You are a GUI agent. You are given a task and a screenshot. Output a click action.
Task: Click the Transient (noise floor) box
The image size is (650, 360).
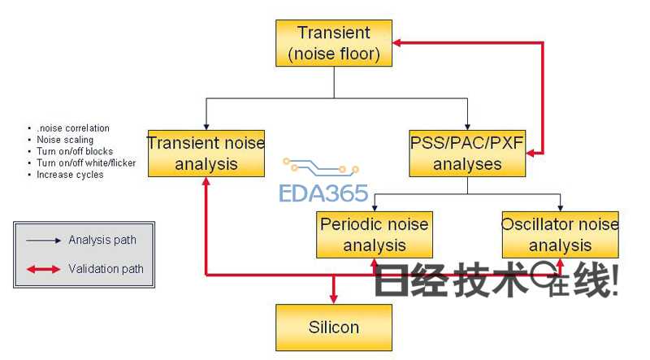[x=334, y=44]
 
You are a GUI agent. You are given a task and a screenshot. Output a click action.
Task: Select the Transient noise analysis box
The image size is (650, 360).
[x=206, y=153]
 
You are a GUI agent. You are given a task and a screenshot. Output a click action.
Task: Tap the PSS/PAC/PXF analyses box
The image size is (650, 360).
[x=467, y=153]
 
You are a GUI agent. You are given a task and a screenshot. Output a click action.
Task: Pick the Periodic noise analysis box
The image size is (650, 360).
[x=374, y=234]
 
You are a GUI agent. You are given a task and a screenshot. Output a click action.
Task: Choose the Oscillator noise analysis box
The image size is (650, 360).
[x=561, y=234]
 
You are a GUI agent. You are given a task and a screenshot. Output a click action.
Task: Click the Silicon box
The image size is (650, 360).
[x=334, y=327]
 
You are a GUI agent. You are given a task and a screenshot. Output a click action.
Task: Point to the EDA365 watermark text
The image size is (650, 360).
[x=323, y=193]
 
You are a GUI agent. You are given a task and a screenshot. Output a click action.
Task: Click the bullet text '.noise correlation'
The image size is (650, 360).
[x=72, y=128]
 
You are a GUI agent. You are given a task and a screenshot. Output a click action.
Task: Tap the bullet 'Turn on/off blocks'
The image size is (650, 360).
[x=75, y=151]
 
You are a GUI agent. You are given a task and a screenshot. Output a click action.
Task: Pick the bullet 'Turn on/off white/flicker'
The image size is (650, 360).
[x=86, y=163]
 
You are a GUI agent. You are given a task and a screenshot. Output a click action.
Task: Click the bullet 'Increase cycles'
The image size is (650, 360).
[x=70, y=175]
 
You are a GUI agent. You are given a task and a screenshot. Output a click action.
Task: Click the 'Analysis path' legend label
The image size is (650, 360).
[x=102, y=240]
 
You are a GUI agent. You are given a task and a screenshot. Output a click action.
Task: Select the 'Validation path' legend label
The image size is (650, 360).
[x=106, y=268]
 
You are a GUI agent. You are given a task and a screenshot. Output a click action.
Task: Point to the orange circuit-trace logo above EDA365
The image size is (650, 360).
[x=320, y=168]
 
